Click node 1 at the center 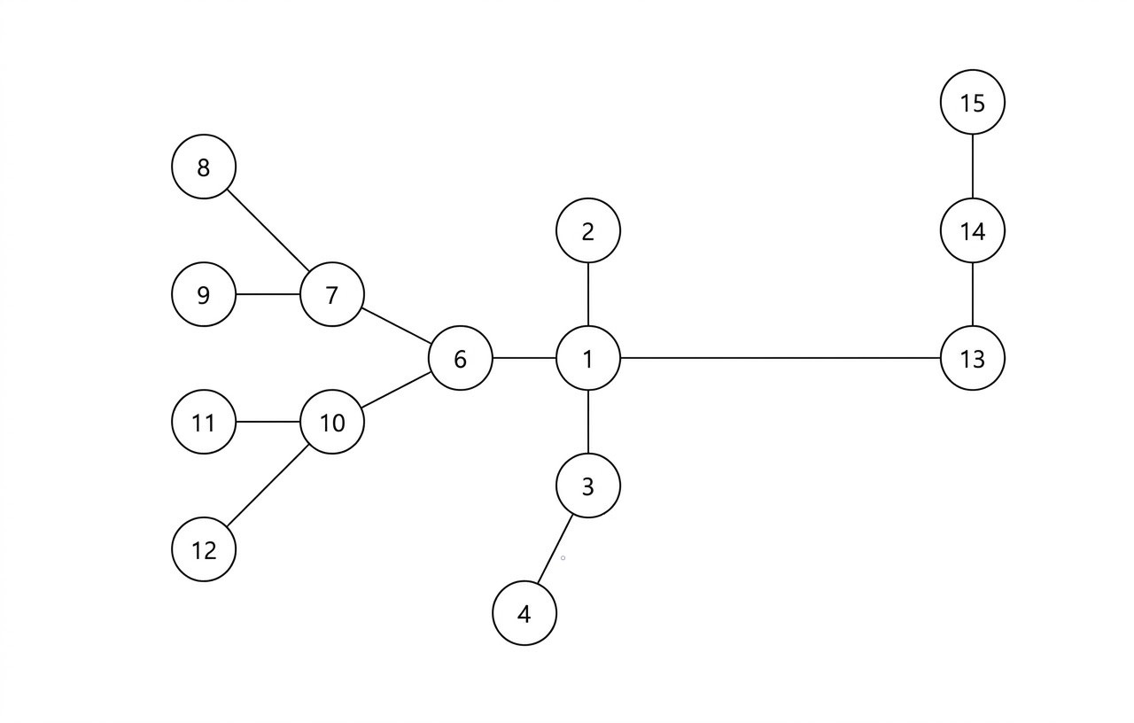588,358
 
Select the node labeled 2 588,230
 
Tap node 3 588,486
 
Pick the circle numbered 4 524,613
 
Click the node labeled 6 460,358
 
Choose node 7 332,294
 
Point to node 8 204,167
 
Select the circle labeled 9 204,294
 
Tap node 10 332,422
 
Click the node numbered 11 204,422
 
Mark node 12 204,549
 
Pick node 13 972,358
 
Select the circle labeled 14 972,230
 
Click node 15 972,103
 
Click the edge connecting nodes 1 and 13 780,358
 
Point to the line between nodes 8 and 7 268,230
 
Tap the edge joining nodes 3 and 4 555,549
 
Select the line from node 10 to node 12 268,486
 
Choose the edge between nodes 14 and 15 972,167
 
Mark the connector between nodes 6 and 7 396,326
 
